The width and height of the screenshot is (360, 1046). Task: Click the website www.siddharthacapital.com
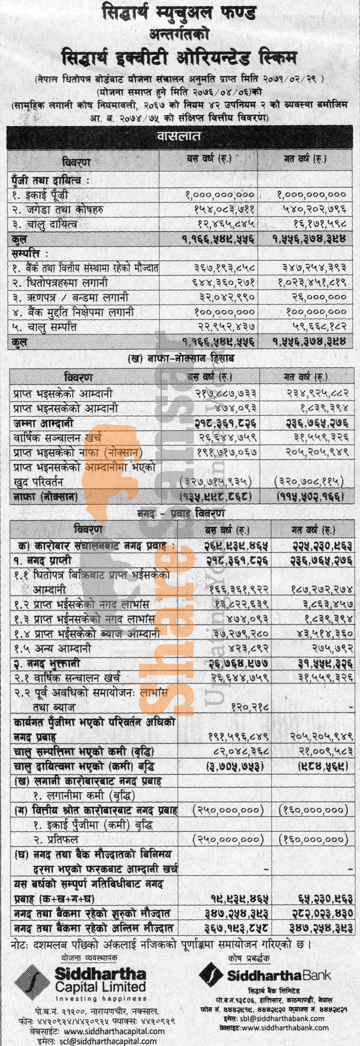point(114,1031)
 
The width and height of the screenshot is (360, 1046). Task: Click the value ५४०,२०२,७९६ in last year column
point(314,209)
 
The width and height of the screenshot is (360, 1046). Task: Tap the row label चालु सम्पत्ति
point(44,327)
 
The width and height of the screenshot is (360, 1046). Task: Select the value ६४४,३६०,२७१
point(224,282)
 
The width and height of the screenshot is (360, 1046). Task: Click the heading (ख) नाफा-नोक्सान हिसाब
point(181,358)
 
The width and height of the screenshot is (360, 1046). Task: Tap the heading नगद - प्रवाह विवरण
point(181,513)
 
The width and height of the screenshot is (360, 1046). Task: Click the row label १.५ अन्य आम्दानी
point(53,649)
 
